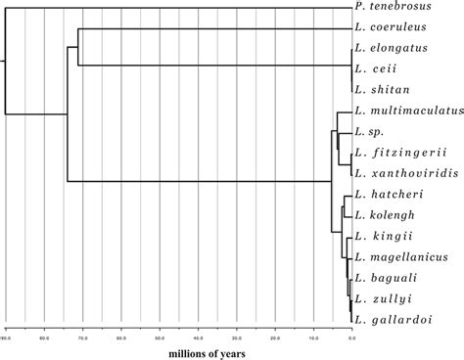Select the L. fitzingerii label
(x=402, y=151)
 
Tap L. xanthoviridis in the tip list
(x=407, y=171)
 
